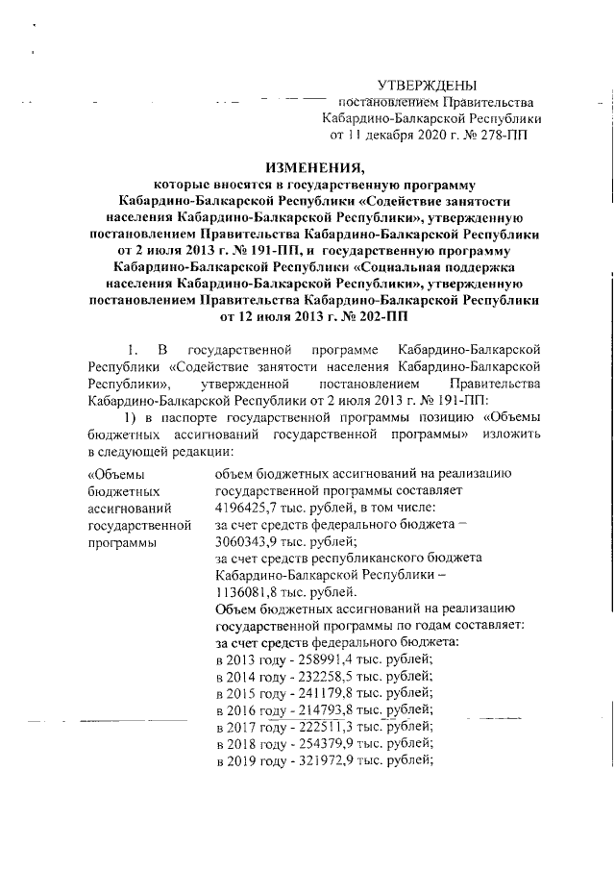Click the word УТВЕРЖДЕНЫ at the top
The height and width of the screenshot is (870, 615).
[426, 86]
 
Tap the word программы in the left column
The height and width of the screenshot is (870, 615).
[123, 542]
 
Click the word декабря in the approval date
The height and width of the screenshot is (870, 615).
[389, 136]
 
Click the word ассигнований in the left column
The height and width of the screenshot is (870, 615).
[130, 508]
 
